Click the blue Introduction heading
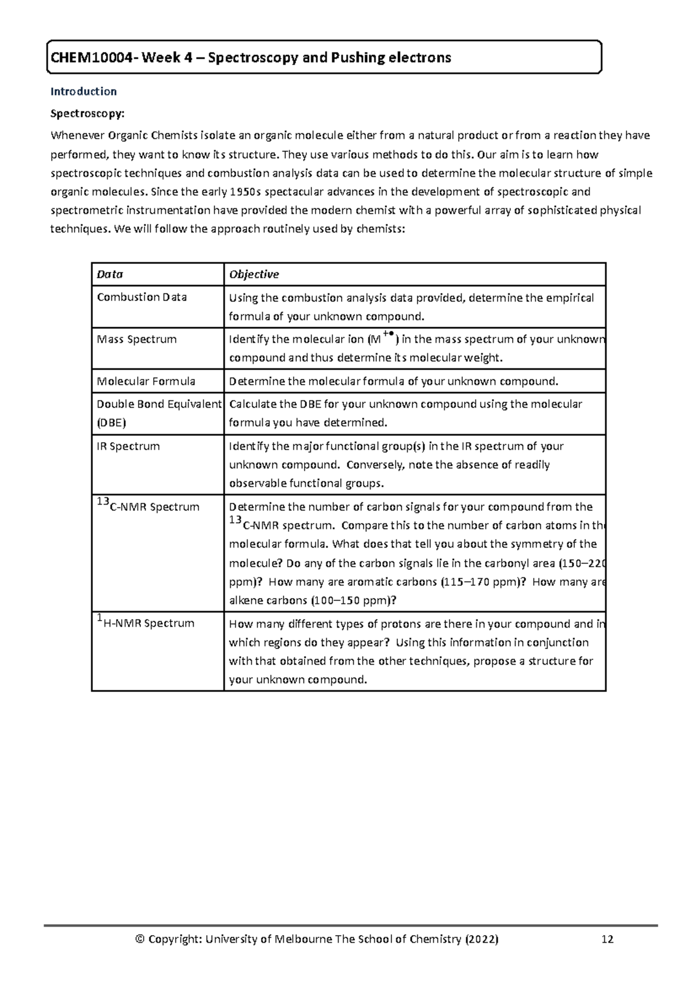(84, 91)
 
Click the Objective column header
(253, 274)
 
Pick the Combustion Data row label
(142, 297)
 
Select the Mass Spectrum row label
(136, 339)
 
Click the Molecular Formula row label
(146, 381)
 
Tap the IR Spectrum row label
(128, 446)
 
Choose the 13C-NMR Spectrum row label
(148, 506)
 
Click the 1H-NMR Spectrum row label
(145, 624)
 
